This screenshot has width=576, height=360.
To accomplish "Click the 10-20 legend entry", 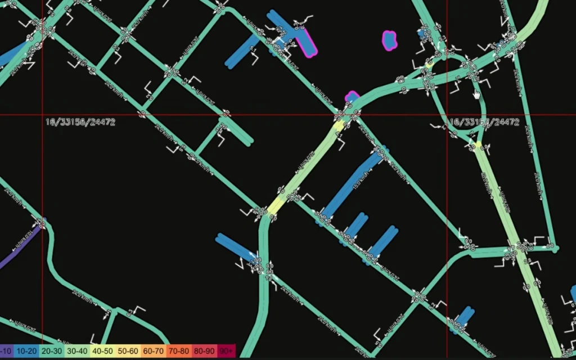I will click(x=26, y=351).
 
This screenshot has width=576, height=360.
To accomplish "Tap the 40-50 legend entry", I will click(x=105, y=351).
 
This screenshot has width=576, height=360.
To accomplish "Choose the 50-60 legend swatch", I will click(x=129, y=351).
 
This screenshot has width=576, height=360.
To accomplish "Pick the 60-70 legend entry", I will click(x=154, y=351).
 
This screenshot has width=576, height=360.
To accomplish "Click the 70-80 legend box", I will click(x=179, y=351).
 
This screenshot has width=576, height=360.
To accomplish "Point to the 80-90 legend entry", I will click(x=204, y=351).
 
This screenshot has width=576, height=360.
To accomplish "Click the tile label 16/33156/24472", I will click(x=80, y=122).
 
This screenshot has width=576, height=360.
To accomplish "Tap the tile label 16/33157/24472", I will click(x=484, y=122).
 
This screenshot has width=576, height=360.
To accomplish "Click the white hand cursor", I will click(x=476, y=93).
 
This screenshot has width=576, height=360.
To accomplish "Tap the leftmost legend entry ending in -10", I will click(x=6, y=351).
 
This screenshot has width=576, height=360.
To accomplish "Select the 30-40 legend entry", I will click(x=79, y=351).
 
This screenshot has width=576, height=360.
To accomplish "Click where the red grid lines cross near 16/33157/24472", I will click(x=447, y=115).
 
